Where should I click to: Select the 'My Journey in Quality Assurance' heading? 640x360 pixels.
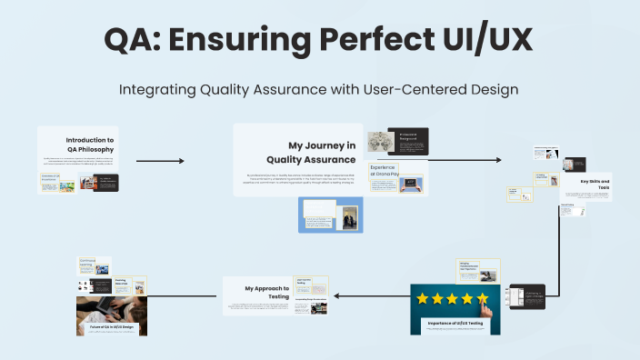321,152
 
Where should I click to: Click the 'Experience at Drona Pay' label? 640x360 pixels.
383,172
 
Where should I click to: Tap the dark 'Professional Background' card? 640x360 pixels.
408,139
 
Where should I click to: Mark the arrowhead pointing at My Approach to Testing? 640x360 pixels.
337,295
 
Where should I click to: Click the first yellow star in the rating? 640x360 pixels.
424,298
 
